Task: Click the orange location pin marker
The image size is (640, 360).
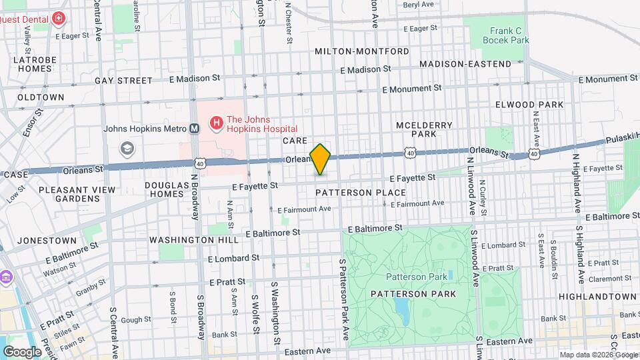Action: [x=321, y=159]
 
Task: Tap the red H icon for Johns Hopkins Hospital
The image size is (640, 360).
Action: [x=216, y=123]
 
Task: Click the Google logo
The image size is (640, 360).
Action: [x=22, y=351]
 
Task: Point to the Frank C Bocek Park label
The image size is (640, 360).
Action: [x=505, y=35]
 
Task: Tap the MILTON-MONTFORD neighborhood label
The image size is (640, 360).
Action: [x=362, y=51]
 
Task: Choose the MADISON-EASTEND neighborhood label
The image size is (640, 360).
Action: [x=465, y=64]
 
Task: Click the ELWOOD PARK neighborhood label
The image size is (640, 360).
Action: [x=529, y=105]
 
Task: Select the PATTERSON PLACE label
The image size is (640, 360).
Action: [x=361, y=193]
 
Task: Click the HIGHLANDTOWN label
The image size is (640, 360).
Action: [x=597, y=296]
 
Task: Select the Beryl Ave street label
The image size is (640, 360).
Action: [x=420, y=4]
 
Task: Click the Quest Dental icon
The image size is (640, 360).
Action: [x=59, y=18]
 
